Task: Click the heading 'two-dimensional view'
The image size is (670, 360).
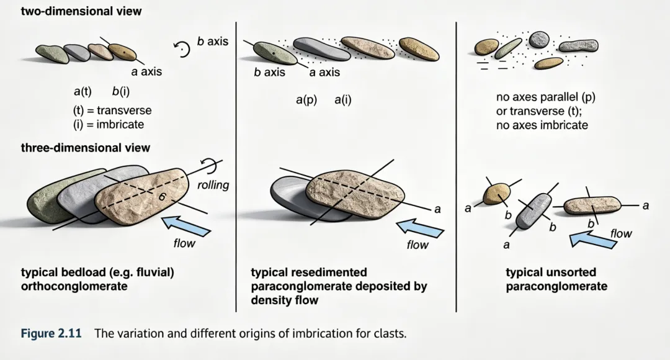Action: [x=81, y=11]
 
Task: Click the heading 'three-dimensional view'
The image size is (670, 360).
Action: [x=85, y=148]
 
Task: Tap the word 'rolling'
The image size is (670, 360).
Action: [x=213, y=184]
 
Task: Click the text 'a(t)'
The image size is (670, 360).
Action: [x=83, y=92]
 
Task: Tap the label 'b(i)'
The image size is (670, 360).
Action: [x=121, y=92]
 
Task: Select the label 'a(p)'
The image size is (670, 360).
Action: [x=306, y=99]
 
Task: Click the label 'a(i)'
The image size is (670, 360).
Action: [x=342, y=99]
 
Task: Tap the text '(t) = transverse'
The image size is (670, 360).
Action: [x=112, y=110]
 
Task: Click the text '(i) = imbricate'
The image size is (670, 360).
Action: [x=108, y=124]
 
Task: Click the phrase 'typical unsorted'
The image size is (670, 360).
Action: [x=550, y=272]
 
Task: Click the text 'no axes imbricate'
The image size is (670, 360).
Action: [x=542, y=125]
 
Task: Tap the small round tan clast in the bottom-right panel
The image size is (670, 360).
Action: [x=496, y=194]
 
